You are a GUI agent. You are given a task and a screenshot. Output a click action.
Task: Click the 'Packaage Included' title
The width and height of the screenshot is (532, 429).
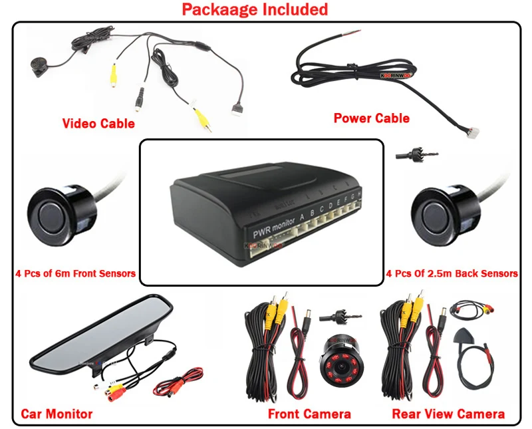click(255, 9)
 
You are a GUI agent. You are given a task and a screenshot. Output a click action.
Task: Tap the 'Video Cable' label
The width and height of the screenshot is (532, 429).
click(98, 123)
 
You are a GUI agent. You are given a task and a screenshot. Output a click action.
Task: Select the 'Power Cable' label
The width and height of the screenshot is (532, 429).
click(371, 118)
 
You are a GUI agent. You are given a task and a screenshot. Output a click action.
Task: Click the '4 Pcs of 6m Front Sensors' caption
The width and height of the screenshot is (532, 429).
click(75, 273)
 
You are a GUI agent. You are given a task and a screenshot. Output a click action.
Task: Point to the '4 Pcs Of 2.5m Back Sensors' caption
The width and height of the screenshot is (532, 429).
click(452, 273)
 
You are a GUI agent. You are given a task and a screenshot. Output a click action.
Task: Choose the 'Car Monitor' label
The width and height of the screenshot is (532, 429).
click(57, 414)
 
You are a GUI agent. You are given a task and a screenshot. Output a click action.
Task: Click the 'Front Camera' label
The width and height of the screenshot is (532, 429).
click(309, 414)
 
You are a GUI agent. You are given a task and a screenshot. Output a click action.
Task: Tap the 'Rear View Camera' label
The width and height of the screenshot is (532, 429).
click(448, 414)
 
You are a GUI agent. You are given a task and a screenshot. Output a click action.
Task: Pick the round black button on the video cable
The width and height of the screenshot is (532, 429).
click(37, 66)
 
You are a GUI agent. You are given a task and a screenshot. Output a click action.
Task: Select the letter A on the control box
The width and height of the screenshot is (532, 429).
click(302, 216)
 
